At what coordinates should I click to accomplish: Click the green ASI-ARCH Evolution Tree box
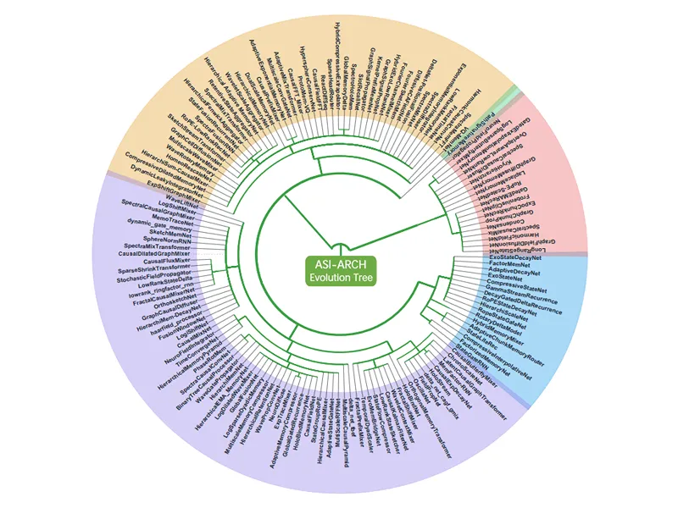point(338,270)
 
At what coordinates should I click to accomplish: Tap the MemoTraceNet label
point(171,218)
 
